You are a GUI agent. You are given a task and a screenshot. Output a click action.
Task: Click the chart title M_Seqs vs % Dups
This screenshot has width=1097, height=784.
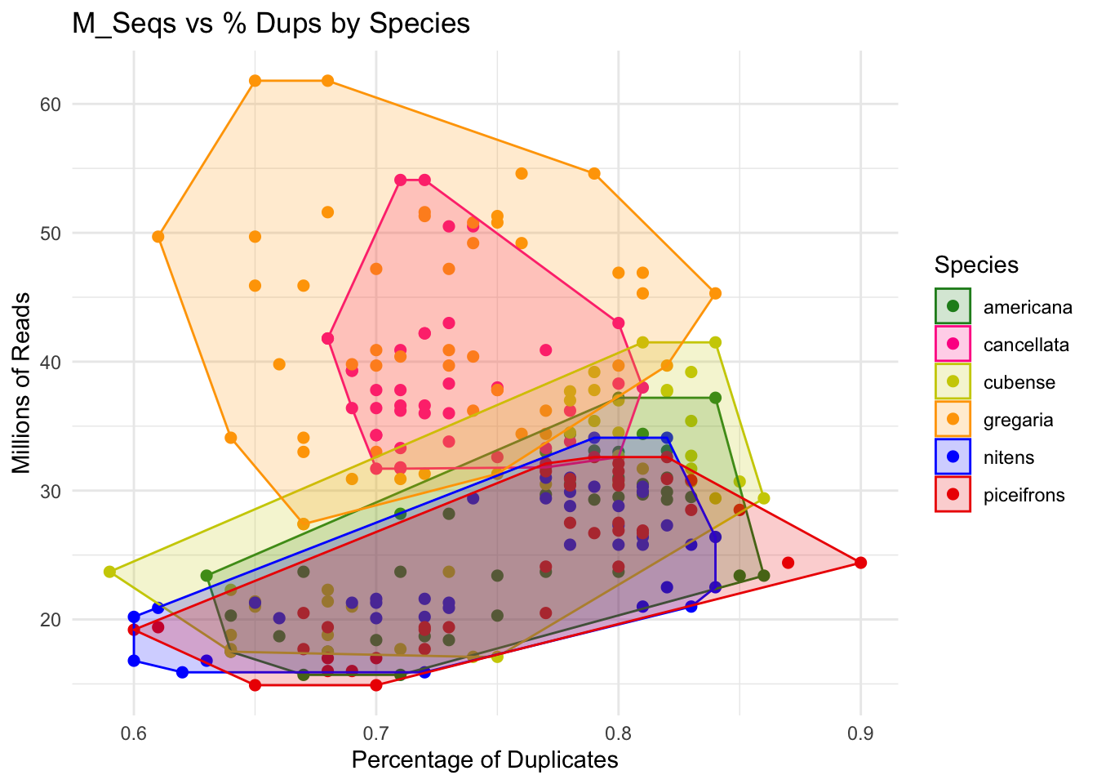click(x=271, y=23)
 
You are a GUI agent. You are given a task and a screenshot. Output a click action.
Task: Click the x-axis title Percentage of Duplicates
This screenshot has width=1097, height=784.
click(x=484, y=760)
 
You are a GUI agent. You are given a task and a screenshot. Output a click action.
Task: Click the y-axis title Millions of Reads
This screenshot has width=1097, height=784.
click(x=21, y=382)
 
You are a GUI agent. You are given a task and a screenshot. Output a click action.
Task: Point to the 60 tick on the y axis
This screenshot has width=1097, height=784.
click(x=51, y=104)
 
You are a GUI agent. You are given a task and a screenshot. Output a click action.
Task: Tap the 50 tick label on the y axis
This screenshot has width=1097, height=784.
click(x=51, y=233)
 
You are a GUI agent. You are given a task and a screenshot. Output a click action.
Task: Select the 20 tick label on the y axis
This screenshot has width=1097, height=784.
click(x=51, y=620)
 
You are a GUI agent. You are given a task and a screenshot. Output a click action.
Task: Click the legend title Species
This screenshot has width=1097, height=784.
click(x=976, y=265)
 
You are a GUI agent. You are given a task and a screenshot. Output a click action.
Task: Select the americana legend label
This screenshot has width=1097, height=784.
click(x=1028, y=307)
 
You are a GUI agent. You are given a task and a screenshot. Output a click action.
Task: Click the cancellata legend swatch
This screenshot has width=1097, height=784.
click(x=953, y=345)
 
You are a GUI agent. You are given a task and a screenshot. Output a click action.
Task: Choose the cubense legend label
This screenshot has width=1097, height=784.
click(x=1019, y=382)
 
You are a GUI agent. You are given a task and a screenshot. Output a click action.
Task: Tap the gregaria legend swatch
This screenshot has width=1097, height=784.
click(x=953, y=420)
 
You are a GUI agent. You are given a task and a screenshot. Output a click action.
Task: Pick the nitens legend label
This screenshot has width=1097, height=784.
click(x=1009, y=457)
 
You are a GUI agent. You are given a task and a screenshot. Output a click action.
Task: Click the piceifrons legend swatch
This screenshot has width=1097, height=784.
click(x=953, y=495)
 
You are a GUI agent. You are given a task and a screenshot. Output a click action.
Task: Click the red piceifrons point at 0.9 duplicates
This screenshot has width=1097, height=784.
click(x=860, y=563)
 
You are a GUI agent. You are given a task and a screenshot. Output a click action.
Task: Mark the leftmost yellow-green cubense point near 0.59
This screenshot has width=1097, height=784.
click(x=109, y=572)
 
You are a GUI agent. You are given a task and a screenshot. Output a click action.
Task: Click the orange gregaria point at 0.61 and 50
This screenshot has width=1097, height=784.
click(x=158, y=237)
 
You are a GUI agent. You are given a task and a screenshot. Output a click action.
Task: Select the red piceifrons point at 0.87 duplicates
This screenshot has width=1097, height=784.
click(x=788, y=563)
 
